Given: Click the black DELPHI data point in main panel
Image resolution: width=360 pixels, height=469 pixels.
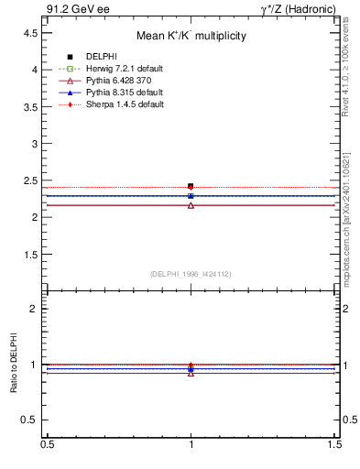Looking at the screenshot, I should tap(191, 186).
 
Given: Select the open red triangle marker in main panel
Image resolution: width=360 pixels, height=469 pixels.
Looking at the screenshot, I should tap(191, 205).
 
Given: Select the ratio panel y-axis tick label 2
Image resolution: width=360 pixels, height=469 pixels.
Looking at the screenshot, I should tap(34, 309).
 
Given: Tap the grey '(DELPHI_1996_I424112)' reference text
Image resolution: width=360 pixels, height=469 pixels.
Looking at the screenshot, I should tap(191, 274).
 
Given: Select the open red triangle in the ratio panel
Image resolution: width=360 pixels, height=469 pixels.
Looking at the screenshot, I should tap(191, 373).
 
